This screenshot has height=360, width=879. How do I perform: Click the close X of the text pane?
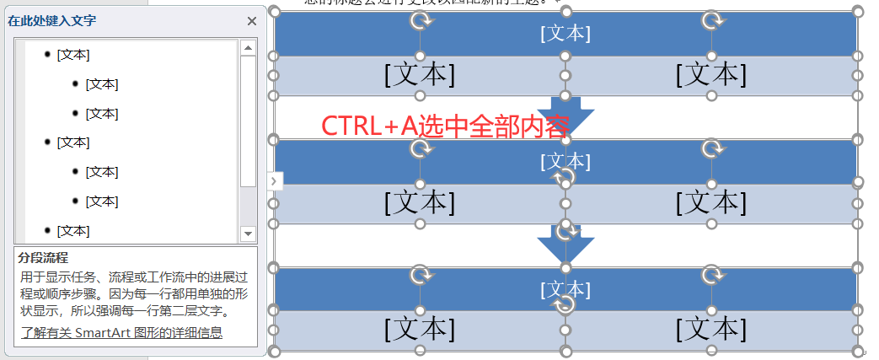click(251, 22)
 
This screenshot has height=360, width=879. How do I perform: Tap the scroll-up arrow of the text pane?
click(248, 48)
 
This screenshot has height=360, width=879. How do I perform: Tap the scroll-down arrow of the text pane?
click(248, 233)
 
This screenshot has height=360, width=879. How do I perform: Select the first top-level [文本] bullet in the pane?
click(73, 55)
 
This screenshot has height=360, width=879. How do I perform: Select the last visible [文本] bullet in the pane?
click(73, 230)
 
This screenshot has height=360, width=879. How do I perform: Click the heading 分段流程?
click(44, 257)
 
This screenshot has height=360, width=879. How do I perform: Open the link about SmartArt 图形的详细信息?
click(121, 332)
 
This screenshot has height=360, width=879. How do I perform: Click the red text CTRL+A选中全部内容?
click(446, 125)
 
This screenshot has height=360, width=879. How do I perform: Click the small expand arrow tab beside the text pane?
click(276, 180)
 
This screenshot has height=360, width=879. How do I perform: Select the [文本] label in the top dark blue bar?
click(565, 34)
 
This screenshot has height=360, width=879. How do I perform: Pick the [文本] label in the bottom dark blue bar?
click(565, 290)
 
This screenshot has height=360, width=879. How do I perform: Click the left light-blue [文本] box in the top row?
click(419, 76)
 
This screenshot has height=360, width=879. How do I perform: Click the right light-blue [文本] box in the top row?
click(711, 76)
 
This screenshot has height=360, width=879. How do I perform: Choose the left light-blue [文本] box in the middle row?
click(419, 203)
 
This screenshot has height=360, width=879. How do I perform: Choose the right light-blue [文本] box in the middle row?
click(711, 203)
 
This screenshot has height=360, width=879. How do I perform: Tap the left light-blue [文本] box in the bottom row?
click(419, 330)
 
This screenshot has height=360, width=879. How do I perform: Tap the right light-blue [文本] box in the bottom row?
click(711, 330)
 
